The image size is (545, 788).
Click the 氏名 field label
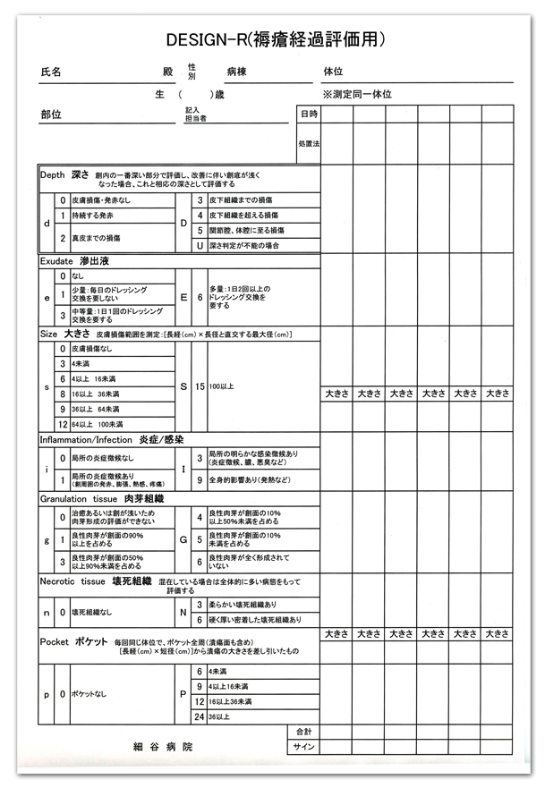tap(51, 72)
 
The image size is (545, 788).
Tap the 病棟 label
tap(237, 72)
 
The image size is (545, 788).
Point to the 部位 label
tap(51, 114)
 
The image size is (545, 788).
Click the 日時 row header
tap(308, 114)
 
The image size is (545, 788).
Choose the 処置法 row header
tap(309, 143)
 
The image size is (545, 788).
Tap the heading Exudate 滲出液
tap(77, 262)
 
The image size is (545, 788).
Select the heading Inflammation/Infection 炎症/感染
tap(112, 440)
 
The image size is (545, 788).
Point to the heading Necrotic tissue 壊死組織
tap(98, 580)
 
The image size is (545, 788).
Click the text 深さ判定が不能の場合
tap(244, 245)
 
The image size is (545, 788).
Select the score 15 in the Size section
tap(199, 386)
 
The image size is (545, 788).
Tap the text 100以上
tap(220, 386)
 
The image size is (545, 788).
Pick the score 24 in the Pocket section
tap(199, 716)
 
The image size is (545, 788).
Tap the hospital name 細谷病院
tap(162, 745)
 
